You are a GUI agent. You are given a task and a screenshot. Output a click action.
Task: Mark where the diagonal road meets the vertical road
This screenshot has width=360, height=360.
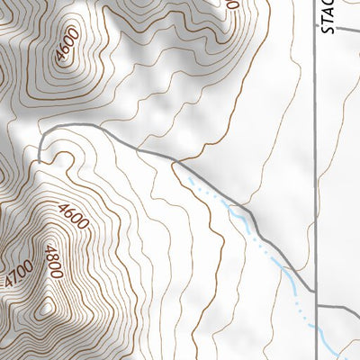tap(315, 290)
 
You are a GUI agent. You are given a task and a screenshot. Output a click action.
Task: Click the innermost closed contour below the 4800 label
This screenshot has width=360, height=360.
tap(43, 310)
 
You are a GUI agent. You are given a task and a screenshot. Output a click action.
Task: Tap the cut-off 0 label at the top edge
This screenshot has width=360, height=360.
tap(232, 4)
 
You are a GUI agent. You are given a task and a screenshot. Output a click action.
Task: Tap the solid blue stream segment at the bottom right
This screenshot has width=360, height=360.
tap(337, 346)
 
